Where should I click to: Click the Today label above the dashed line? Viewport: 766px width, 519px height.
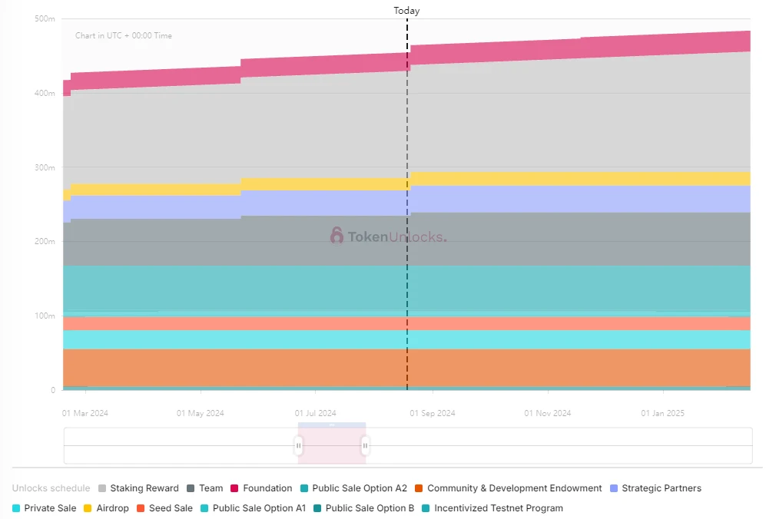click(406, 11)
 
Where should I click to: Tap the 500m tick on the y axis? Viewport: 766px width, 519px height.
click(45, 18)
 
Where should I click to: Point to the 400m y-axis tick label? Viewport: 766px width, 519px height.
click(45, 93)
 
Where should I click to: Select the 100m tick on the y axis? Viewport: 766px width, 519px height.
click(45, 316)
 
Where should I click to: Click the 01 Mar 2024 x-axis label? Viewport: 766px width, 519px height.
click(85, 413)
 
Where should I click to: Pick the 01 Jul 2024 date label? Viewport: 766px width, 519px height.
click(316, 413)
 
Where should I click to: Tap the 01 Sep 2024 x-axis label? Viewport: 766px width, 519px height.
click(432, 413)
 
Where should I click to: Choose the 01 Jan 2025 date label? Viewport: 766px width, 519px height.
click(662, 413)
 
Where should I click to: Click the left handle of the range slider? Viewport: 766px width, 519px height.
click(299, 445)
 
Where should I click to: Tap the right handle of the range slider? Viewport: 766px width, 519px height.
click(366, 445)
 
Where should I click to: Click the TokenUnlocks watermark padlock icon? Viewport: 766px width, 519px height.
click(337, 236)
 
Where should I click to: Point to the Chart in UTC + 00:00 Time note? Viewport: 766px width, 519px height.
click(123, 36)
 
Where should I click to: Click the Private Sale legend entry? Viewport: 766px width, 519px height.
click(50, 508)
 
